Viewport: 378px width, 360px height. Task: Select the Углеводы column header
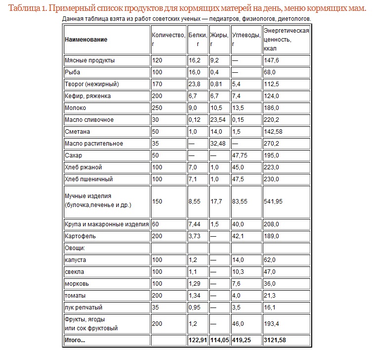(x=246, y=35)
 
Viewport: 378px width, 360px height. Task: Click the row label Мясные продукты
(x=90, y=60)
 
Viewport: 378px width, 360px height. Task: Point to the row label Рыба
(x=73, y=72)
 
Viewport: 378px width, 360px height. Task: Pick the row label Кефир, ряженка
(x=88, y=96)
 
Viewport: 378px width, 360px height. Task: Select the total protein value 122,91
(x=197, y=341)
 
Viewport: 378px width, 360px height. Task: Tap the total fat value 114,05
(x=219, y=341)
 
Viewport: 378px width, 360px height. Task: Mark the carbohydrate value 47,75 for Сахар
(x=240, y=155)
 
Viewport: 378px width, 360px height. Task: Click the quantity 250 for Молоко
(x=157, y=108)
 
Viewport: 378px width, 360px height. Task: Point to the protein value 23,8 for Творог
(x=194, y=84)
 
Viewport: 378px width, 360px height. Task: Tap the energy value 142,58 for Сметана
(x=276, y=132)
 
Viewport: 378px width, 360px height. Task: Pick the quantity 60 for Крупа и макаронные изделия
(x=156, y=224)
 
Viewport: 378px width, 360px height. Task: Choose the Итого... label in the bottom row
(x=75, y=341)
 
